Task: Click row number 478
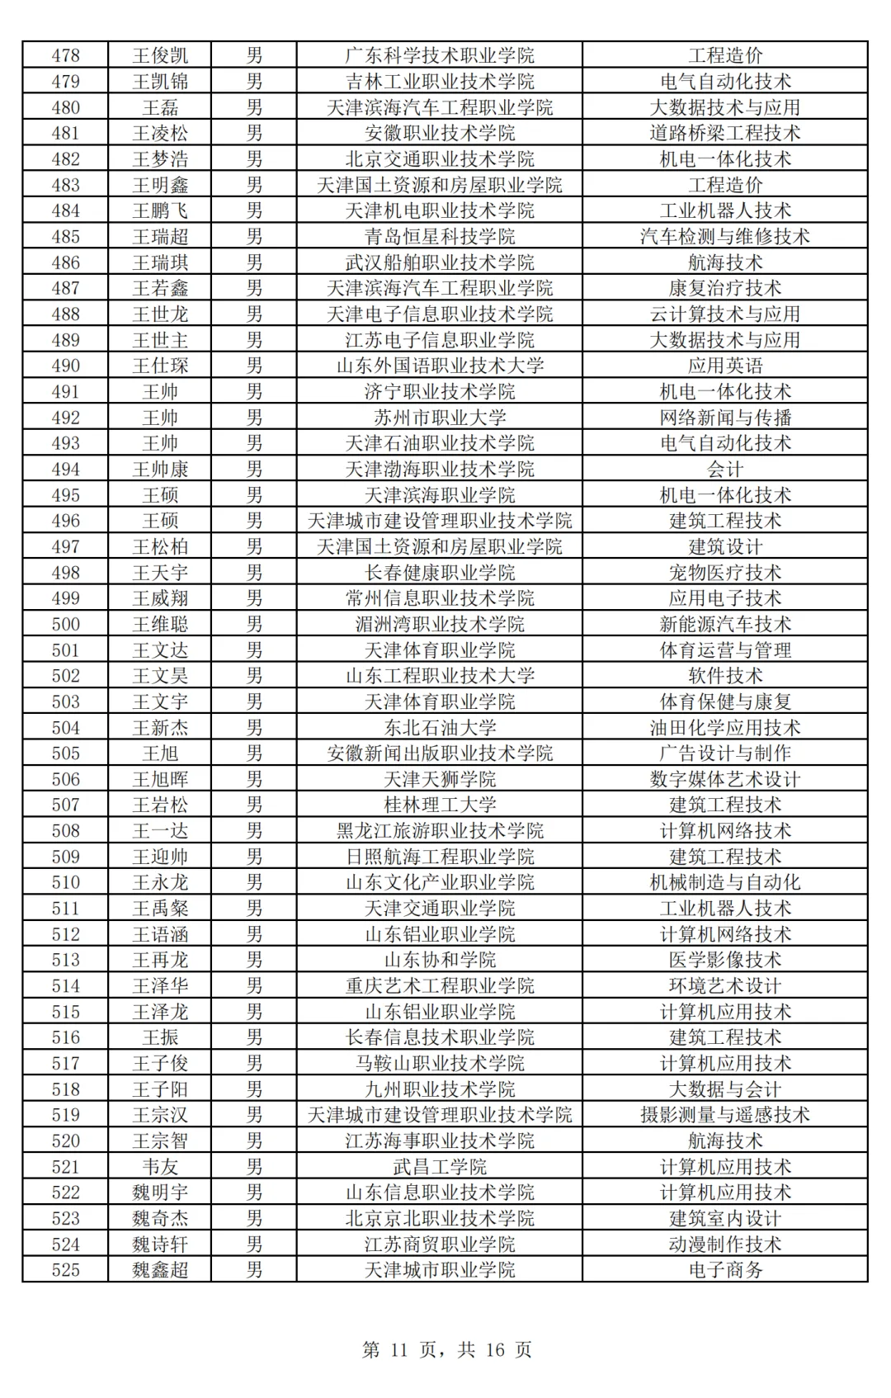coord(65,55)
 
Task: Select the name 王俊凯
coord(160,55)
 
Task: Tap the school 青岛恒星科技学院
coord(440,237)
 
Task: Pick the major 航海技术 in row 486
coord(725,262)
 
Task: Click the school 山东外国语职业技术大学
coord(440,366)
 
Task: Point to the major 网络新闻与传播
coord(725,418)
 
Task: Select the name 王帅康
coord(160,470)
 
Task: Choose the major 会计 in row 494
coord(725,470)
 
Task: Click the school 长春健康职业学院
coord(440,573)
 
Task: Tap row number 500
coord(65,625)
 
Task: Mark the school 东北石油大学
coord(440,728)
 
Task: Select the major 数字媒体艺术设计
coord(725,780)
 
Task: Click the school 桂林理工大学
coord(440,805)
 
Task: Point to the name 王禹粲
coord(160,909)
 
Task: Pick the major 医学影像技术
coord(725,960)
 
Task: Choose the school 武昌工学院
coord(440,1167)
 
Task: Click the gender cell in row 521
coord(254,1167)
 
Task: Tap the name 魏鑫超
coord(160,1270)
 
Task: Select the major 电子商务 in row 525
coord(725,1270)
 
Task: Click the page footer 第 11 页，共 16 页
coord(446,1350)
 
